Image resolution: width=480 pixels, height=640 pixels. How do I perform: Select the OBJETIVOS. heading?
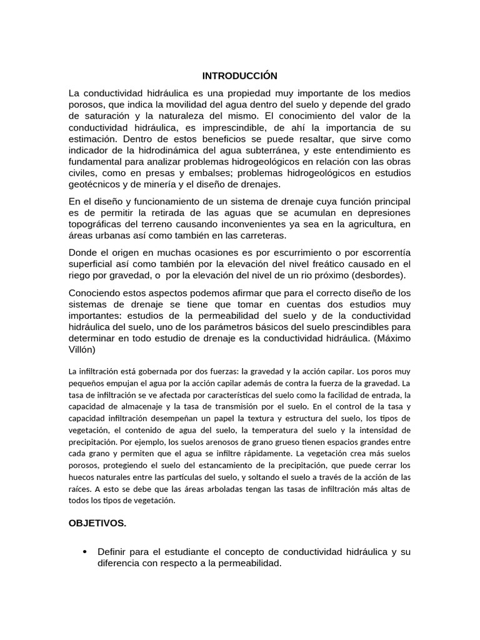(97, 523)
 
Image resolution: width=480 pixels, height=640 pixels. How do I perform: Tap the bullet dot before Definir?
(85, 552)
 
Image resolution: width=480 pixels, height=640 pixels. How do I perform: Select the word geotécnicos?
(97, 184)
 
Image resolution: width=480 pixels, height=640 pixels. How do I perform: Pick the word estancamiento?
(222, 465)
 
